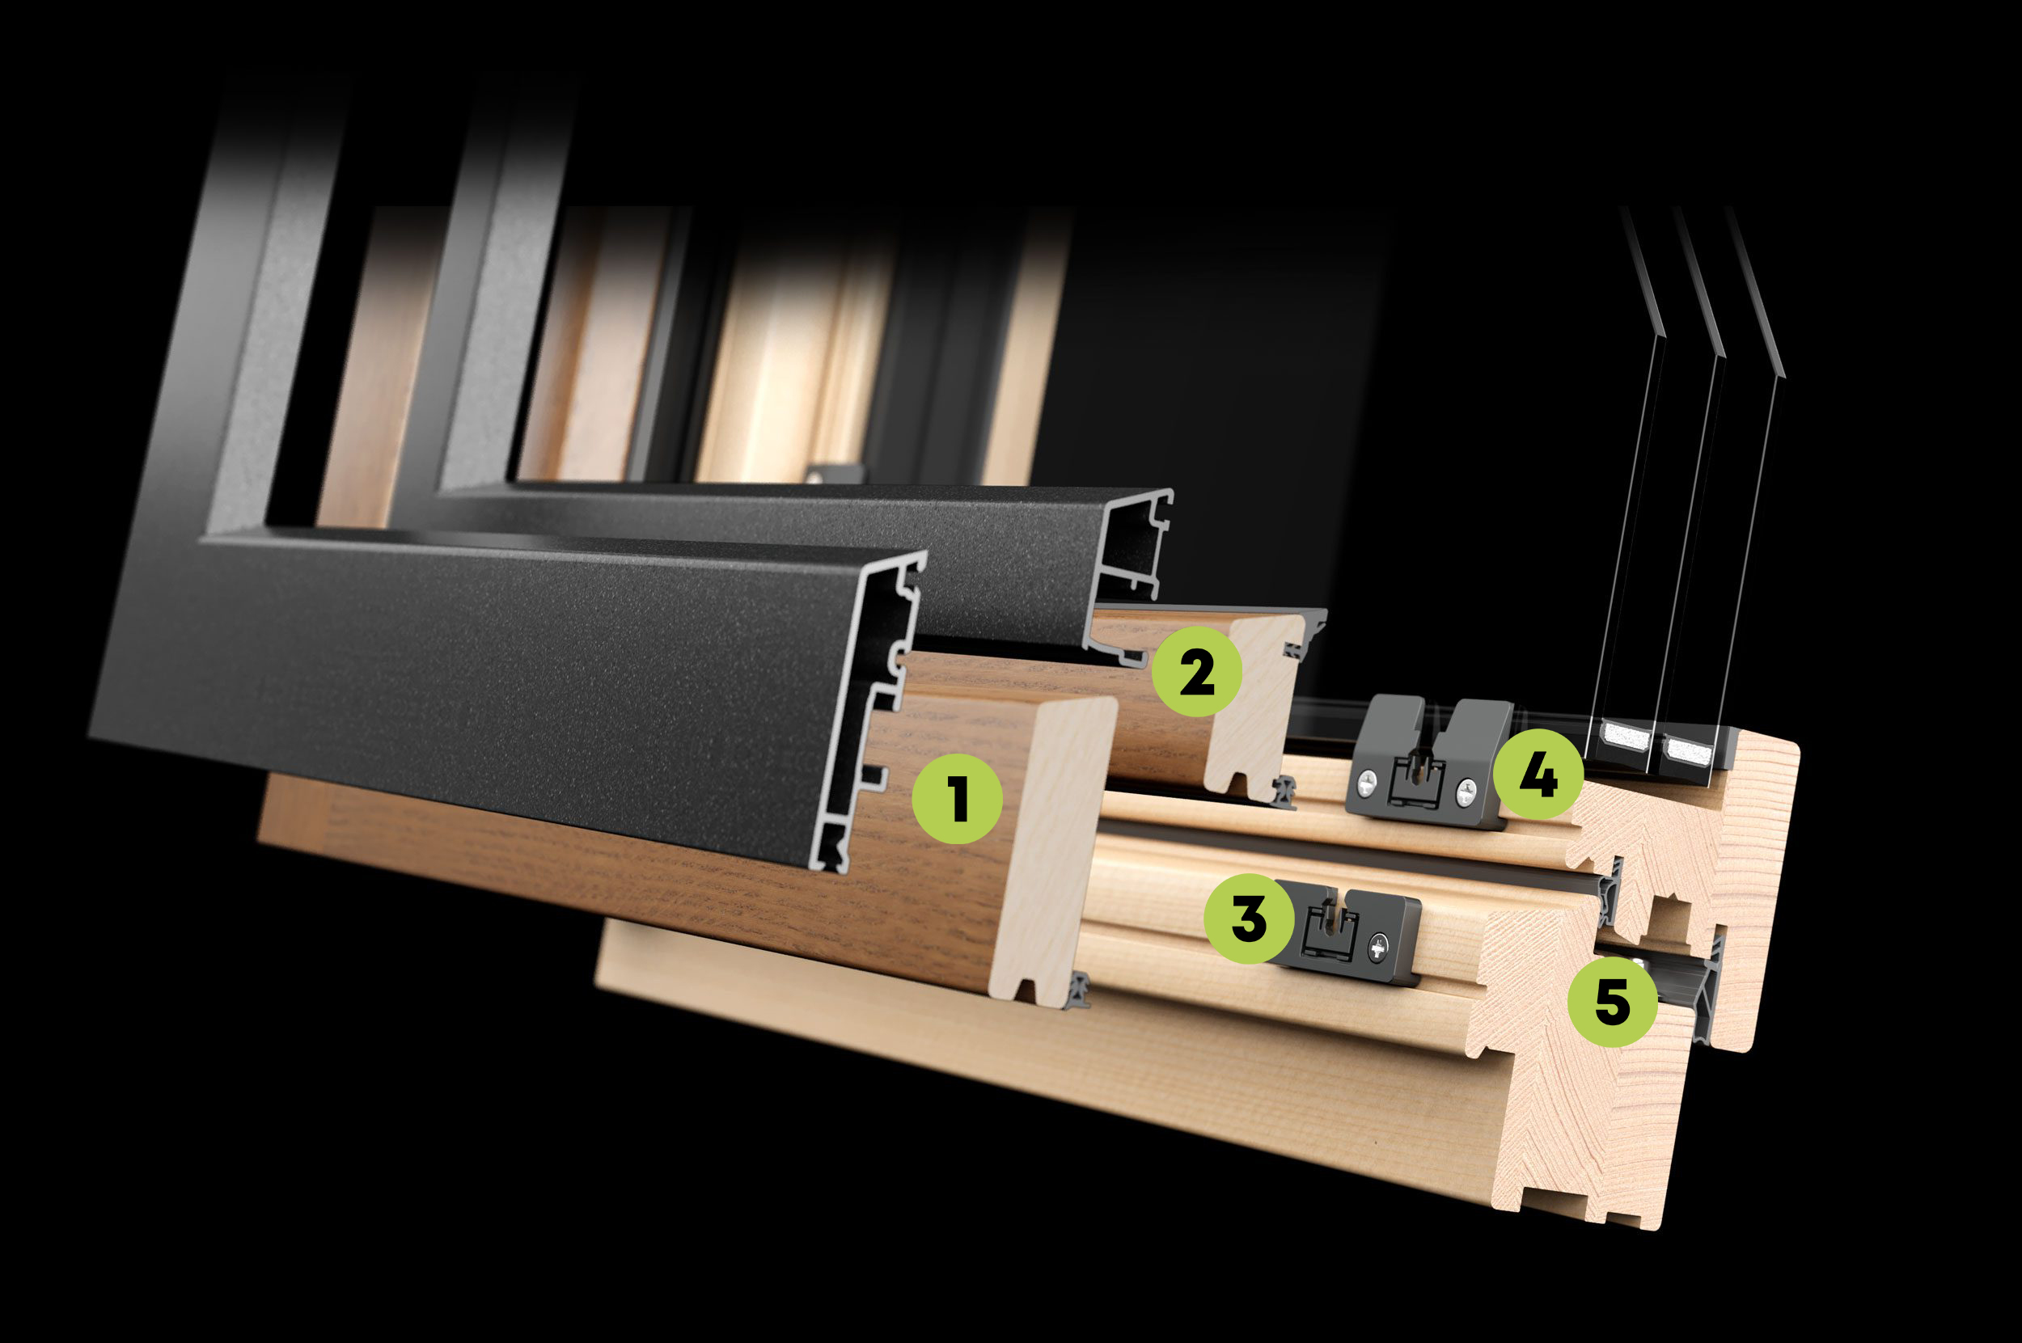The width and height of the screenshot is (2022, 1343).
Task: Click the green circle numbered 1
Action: [957, 799]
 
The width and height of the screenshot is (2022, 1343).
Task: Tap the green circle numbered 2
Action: [1197, 671]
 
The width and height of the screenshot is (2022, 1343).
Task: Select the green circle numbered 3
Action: [1249, 919]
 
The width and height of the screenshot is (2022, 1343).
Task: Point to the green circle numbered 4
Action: [1539, 775]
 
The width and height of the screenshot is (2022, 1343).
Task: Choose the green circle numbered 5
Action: [1613, 1001]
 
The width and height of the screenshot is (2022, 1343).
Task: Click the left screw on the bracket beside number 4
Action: [1368, 781]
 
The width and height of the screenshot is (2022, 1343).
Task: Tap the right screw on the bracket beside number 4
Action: [1466, 794]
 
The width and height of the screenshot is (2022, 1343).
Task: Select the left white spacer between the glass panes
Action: [1626, 736]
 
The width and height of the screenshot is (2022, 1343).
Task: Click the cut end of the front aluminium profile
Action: [869, 712]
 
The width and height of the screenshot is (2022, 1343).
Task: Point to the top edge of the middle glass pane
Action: [1700, 281]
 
